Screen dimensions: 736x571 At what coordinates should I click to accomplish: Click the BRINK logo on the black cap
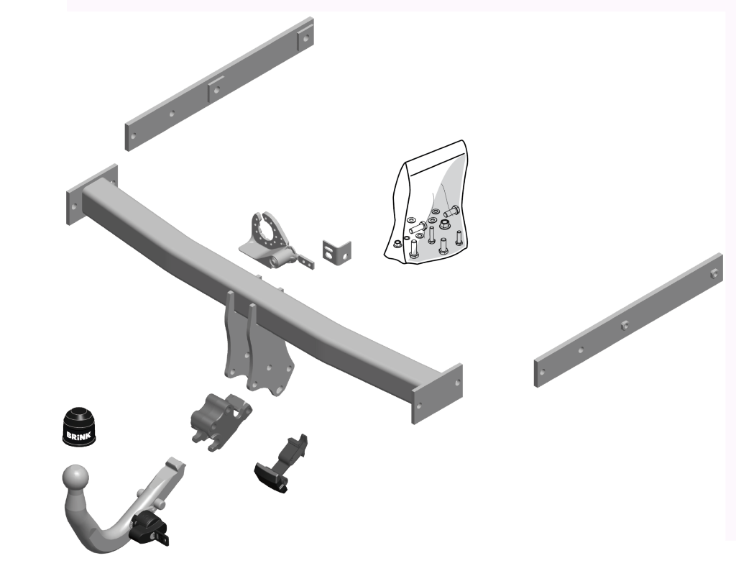pos(78,435)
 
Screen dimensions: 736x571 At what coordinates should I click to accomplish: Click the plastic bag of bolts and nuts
pos(427,202)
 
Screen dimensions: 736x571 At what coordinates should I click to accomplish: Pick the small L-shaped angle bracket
pos(336,250)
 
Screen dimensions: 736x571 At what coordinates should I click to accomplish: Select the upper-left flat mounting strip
pos(219,84)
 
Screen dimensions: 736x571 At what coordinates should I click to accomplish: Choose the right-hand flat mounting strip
pos(628,320)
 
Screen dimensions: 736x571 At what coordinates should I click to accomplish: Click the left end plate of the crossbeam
pos(92,194)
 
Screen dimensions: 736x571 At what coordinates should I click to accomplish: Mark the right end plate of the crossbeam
pos(437,393)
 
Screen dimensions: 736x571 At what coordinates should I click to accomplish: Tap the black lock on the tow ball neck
pos(149,529)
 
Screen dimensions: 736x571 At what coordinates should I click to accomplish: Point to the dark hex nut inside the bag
pos(444,225)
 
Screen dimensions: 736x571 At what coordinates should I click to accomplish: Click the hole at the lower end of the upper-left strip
pos(133,136)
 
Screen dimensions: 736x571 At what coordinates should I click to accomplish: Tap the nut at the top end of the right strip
pos(714,275)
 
